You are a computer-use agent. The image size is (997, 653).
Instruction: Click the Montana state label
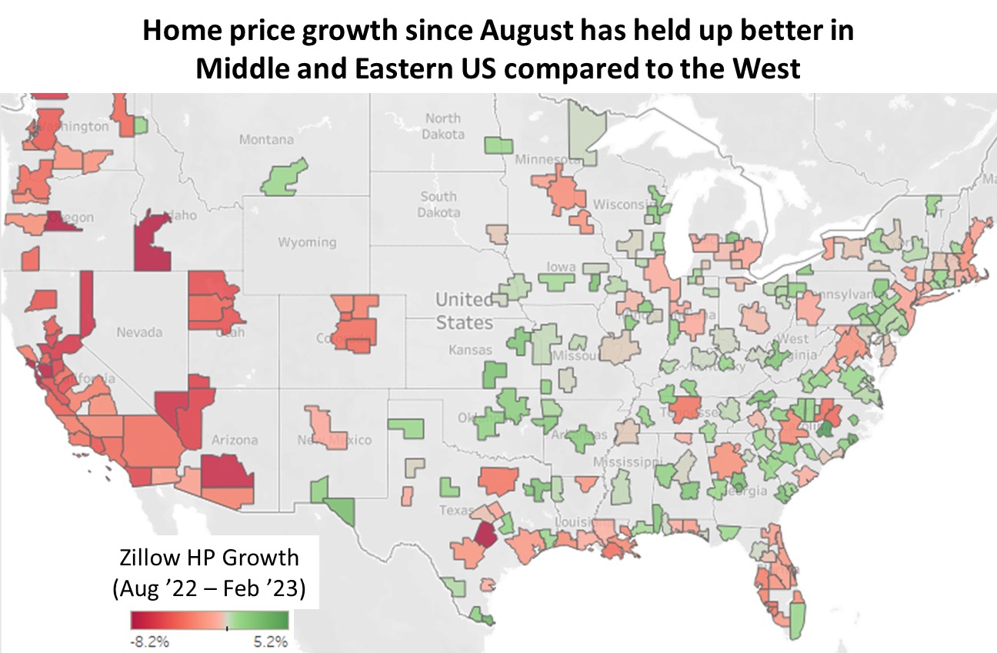tap(266, 139)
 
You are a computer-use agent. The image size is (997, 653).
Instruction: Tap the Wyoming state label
tap(307, 242)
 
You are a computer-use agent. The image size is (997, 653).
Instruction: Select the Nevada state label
tap(139, 332)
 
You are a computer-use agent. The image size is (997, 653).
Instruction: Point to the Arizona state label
tap(234, 440)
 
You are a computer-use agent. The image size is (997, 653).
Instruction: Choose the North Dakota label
tap(444, 125)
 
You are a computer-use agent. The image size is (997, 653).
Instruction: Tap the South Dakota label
tap(438, 204)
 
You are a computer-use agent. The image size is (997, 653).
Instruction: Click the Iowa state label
tap(561, 267)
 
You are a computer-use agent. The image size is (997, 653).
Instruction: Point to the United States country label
tap(464, 310)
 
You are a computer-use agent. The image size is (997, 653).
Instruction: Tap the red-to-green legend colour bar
tap(209, 620)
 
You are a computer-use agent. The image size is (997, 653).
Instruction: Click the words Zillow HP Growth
tap(208, 557)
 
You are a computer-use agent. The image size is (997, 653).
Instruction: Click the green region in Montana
tap(283, 178)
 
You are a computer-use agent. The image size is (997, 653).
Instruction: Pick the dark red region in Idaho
tap(152, 242)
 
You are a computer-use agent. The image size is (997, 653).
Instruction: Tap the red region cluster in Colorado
tap(355, 323)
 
